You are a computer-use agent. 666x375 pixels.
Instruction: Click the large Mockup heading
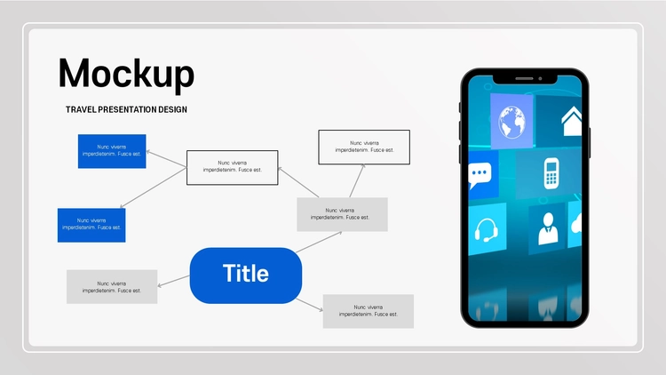(126, 75)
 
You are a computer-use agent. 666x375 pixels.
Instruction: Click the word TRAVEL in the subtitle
(81, 109)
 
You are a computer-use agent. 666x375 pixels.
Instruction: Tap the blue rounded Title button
(246, 275)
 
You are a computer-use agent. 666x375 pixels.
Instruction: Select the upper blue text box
(112, 151)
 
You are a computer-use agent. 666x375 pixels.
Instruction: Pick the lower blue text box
(91, 226)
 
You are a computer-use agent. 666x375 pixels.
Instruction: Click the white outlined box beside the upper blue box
(233, 168)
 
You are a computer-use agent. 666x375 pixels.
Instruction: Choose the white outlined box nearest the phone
(364, 148)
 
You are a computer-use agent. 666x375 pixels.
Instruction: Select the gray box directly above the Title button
(343, 214)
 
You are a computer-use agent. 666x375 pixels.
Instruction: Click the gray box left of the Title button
(112, 286)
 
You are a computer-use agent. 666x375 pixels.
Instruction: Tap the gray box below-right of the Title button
(369, 311)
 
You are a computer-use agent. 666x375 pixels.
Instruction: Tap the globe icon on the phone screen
(511, 122)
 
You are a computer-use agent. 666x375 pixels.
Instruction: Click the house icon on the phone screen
(571, 121)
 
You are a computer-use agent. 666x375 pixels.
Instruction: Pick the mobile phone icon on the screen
(551, 173)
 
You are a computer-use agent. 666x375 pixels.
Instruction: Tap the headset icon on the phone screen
(486, 230)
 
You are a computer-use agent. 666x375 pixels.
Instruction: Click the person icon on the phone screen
(548, 228)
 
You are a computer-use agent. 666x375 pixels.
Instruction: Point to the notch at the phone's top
(525, 79)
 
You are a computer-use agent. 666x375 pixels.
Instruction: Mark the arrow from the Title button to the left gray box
(174, 281)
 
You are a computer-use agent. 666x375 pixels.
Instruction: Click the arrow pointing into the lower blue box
(154, 187)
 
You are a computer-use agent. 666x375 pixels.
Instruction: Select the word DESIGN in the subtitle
(172, 109)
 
